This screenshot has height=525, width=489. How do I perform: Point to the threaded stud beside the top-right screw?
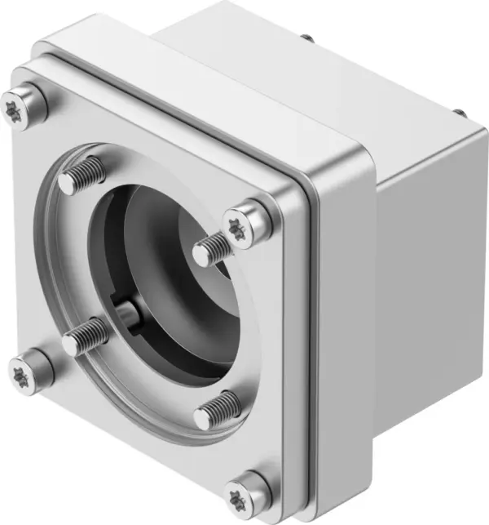pyautogui.click(x=212, y=248)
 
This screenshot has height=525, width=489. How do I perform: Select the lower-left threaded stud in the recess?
pyautogui.click(x=86, y=336)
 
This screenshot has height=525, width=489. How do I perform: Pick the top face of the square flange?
pyautogui.click(x=204, y=90)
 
